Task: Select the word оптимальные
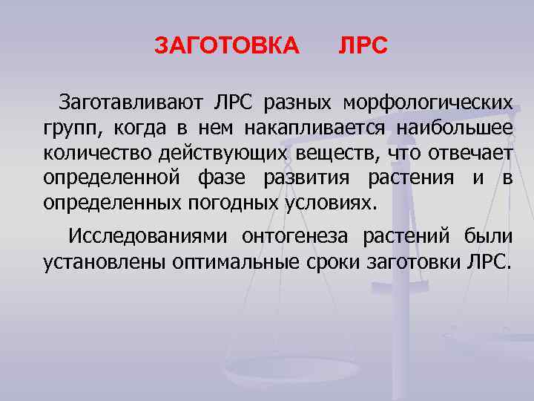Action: (237, 263)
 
